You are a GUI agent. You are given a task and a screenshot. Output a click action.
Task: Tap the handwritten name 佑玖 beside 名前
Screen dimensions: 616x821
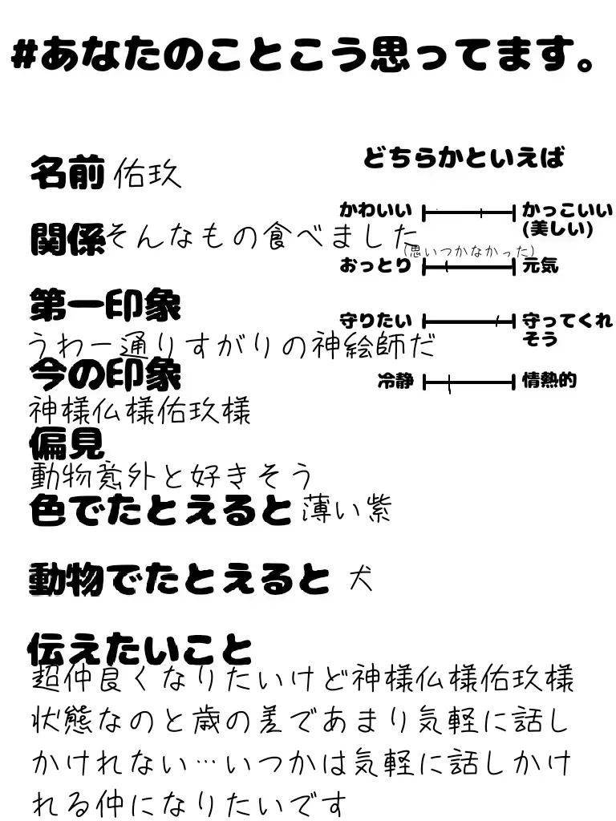(148, 173)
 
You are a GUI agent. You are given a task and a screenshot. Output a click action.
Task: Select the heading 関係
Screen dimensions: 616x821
(67, 238)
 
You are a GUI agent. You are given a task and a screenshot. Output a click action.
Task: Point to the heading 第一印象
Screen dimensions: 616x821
(105, 305)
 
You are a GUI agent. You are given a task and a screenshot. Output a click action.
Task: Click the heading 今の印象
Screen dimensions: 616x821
(105, 374)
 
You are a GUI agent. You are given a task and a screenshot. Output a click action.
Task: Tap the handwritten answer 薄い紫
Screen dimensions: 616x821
(346, 509)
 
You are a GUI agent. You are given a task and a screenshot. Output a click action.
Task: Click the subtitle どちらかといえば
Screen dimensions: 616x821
(464, 158)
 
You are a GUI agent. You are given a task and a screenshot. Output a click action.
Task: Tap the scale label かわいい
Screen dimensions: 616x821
(375, 212)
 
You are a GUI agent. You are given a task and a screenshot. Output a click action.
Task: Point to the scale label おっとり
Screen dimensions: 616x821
(375, 266)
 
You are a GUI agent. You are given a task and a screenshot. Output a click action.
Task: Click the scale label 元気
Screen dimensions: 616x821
(540, 266)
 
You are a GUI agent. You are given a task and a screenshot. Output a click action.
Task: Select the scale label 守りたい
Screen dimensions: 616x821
(375, 321)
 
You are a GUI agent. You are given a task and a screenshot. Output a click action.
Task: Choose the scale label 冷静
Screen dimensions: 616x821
(395, 382)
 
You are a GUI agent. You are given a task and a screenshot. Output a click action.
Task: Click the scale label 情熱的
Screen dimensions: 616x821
(549, 381)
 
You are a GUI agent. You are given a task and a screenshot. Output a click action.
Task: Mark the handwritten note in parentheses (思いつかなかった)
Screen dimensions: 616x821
(470, 251)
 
